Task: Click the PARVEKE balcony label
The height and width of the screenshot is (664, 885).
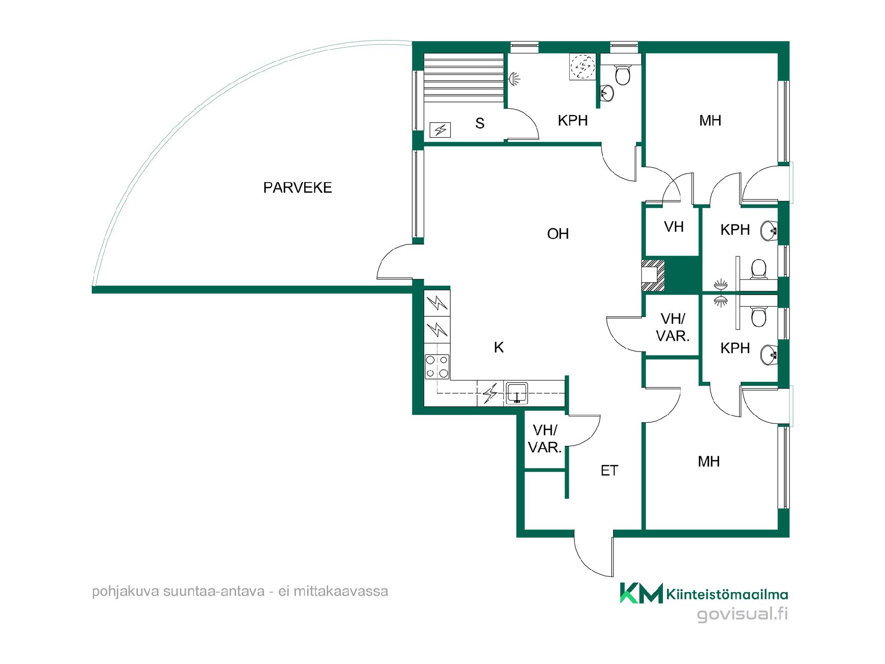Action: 297,188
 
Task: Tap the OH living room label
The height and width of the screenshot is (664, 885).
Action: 558,234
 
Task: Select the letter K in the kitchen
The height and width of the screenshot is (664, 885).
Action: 499,347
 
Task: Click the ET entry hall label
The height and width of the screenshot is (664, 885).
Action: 609,470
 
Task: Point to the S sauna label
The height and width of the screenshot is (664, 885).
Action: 480,123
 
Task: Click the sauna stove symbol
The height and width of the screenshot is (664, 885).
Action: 440,130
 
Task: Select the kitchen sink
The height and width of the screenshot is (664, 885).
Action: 517,393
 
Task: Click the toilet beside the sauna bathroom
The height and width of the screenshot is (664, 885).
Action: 623,76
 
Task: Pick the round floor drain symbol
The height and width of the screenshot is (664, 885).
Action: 583,67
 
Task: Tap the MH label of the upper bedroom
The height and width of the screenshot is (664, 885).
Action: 710,121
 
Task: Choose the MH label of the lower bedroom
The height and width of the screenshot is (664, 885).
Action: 709,462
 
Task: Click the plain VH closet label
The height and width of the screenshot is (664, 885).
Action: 673,227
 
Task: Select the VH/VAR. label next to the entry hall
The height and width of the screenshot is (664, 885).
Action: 545,439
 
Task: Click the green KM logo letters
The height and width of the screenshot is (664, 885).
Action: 641,593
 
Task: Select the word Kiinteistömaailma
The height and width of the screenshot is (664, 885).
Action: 727,595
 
